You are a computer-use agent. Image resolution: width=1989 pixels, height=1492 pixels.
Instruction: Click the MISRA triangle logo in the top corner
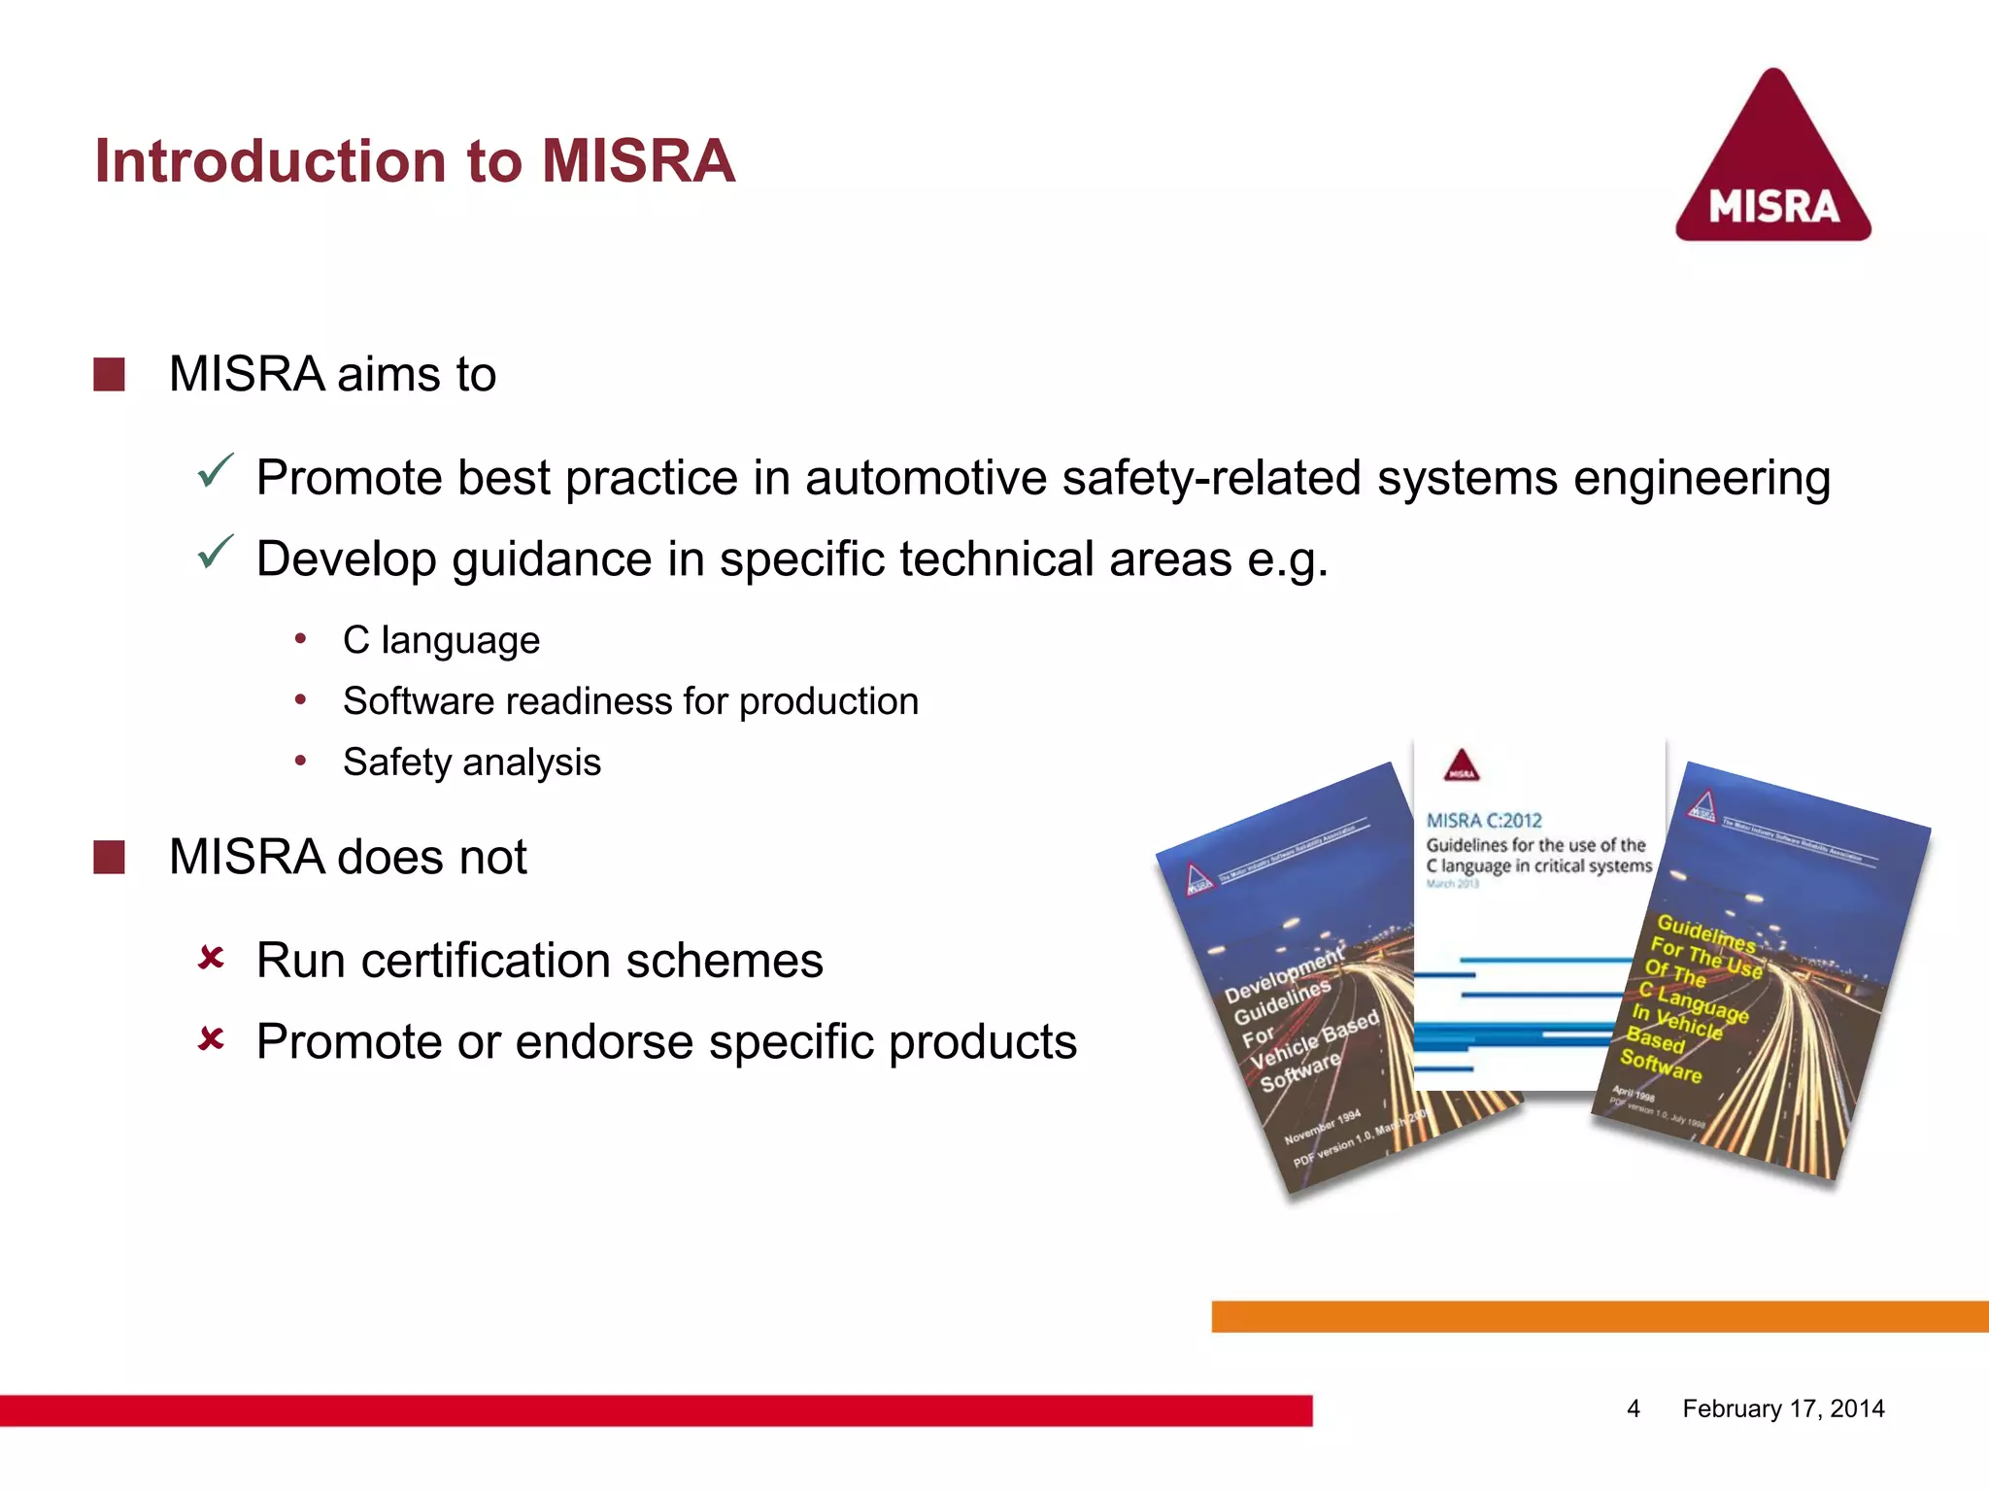pyautogui.click(x=1773, y=160)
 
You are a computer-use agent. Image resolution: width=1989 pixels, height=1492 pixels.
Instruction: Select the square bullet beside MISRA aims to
pyautogui.click(x=109, y=375)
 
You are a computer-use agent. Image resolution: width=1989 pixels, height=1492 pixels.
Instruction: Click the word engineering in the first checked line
pyautogui.click(x=1702, y=479)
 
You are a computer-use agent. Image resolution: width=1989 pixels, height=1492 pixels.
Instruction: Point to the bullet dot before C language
pyautogui.click(x=301, y=639)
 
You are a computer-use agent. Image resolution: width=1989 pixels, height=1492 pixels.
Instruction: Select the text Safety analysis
pyautogui.click(x=472, y=763)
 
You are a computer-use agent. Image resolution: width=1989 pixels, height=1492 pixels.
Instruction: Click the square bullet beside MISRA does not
pyautogui.click(x=109, y=858)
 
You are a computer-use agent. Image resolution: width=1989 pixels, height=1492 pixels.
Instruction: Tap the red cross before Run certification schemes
pyautogui.click(x=211, y=959)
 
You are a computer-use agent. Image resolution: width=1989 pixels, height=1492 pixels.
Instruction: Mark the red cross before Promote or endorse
pyautogui.click(x=211, y=1040)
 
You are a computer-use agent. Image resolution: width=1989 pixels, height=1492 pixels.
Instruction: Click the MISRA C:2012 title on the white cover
pyautogui.click(x=1484, y=821)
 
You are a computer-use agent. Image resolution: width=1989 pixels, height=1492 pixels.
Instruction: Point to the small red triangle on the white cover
pyautogui.click(x=1462, y=765)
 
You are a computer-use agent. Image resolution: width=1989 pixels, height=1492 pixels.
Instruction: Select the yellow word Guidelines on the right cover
pyautogui.click(x=1705, y=932)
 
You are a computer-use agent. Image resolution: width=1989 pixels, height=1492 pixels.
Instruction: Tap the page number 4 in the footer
pyautogui.click(x=1634, y=1408)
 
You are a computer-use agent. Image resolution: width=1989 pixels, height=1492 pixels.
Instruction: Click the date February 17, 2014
pyautogui.click(x=1783, y=1408)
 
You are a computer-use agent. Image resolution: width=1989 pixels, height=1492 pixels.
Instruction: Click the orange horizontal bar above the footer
pyautogui.click(x=1599, y=1316)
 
